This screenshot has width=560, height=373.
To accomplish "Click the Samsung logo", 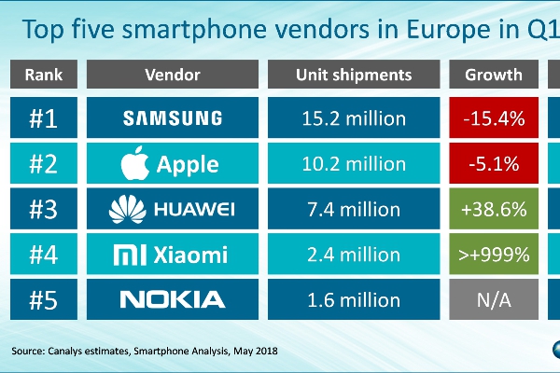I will [174, 118].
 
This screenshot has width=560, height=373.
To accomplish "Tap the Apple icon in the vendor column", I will [136, 163].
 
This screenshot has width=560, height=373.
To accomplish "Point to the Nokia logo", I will [174, 299].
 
